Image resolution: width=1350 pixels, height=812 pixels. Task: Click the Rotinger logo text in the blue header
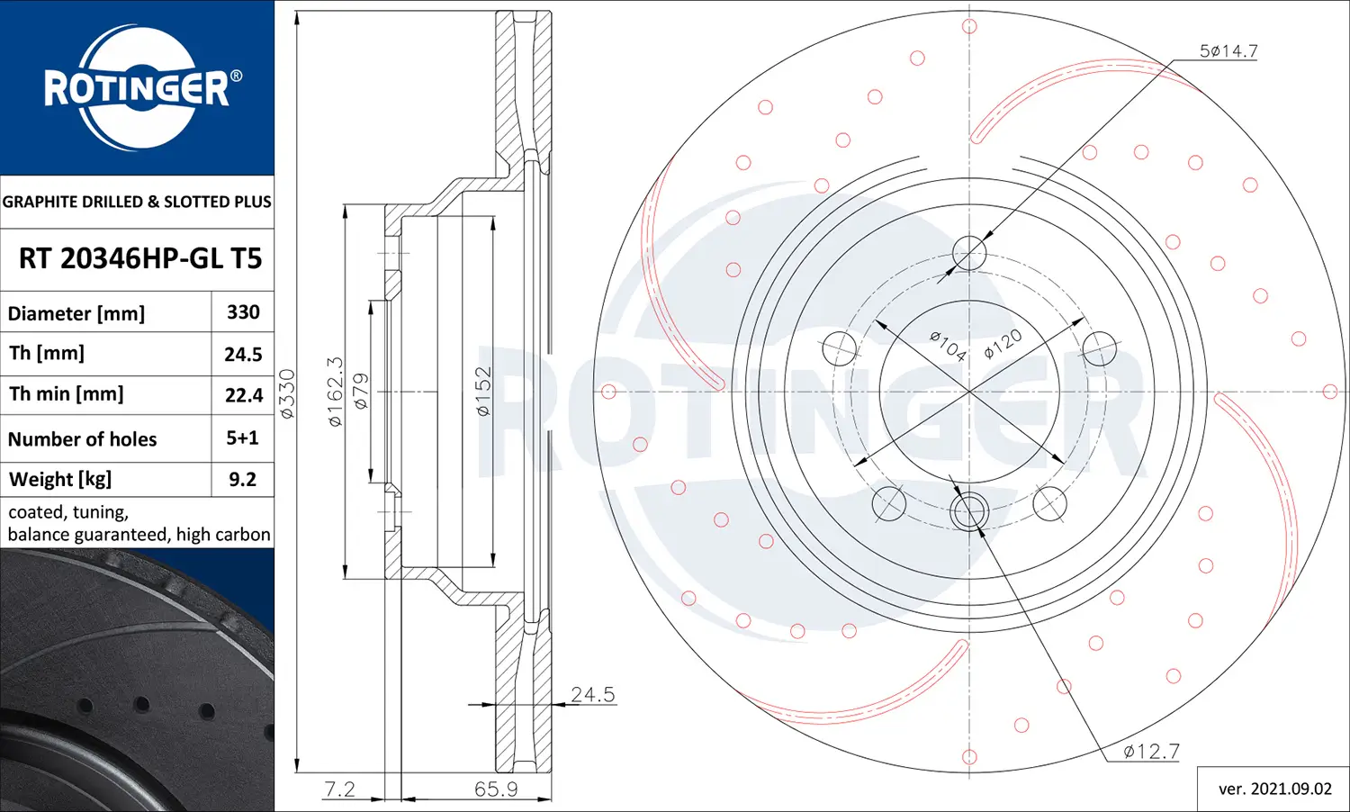tap(137, 89)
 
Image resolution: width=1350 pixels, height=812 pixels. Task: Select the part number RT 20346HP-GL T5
tap(139, 259)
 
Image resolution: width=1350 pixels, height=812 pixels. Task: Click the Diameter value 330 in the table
tap(243, 312)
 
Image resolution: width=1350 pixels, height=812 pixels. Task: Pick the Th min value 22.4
tap(243, 395)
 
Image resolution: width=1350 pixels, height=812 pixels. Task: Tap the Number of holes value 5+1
tap(242, 438)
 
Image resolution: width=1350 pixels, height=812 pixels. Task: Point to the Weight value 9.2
tap(242, 480)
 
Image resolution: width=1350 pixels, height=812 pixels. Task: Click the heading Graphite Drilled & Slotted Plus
tap(137, 202)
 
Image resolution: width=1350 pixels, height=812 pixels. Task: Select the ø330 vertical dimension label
tap(287, 393)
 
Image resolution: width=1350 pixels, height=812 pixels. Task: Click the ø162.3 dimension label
tap(335, 392)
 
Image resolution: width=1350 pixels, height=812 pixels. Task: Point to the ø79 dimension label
tap(360, 392)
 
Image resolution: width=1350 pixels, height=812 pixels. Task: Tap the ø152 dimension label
tap(483, 392)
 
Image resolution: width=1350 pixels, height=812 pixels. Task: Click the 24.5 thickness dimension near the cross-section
tap(592, 694)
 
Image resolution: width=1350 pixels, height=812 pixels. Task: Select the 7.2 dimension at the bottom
tap(339, 789)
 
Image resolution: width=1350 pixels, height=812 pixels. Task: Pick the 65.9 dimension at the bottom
tap(496, 789)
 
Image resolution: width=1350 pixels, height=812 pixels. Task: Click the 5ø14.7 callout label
tap(1228, 51)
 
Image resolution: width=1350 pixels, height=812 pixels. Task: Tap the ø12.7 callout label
tap(1150, 751)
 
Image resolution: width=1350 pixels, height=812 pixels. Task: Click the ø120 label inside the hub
tap(1003, 344)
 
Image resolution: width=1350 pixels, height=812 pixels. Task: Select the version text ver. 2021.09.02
tap(1274, 789)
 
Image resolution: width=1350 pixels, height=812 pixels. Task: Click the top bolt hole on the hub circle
tap(969, 253)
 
